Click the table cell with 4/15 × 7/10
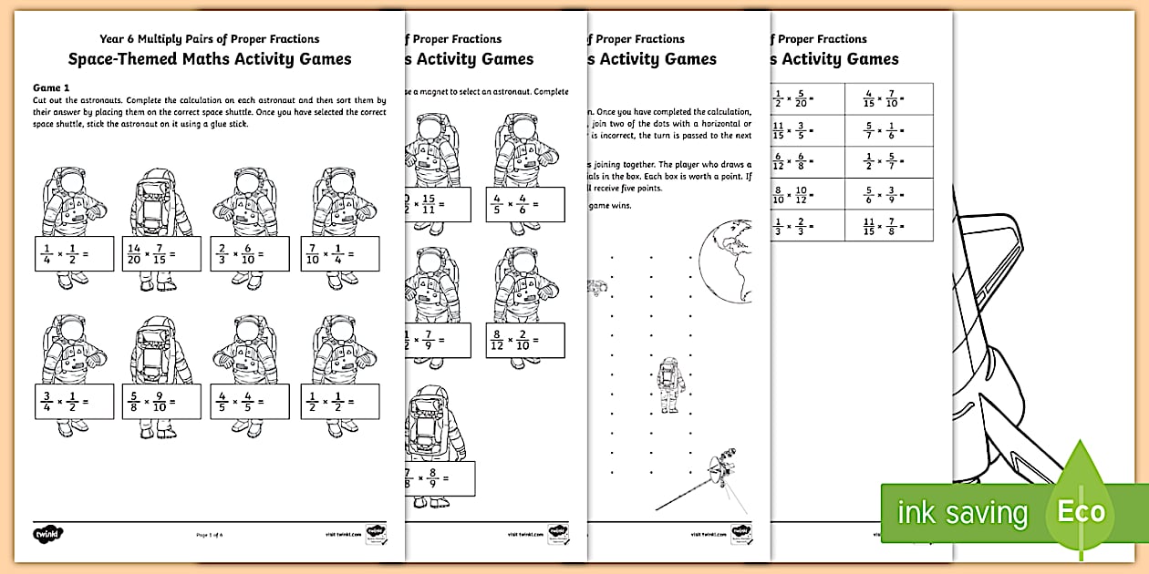[889, 98]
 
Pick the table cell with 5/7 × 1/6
[889, 130]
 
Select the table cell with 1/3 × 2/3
[807, 226]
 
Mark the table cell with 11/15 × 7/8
[889, 226]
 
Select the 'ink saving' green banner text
[961, 513]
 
